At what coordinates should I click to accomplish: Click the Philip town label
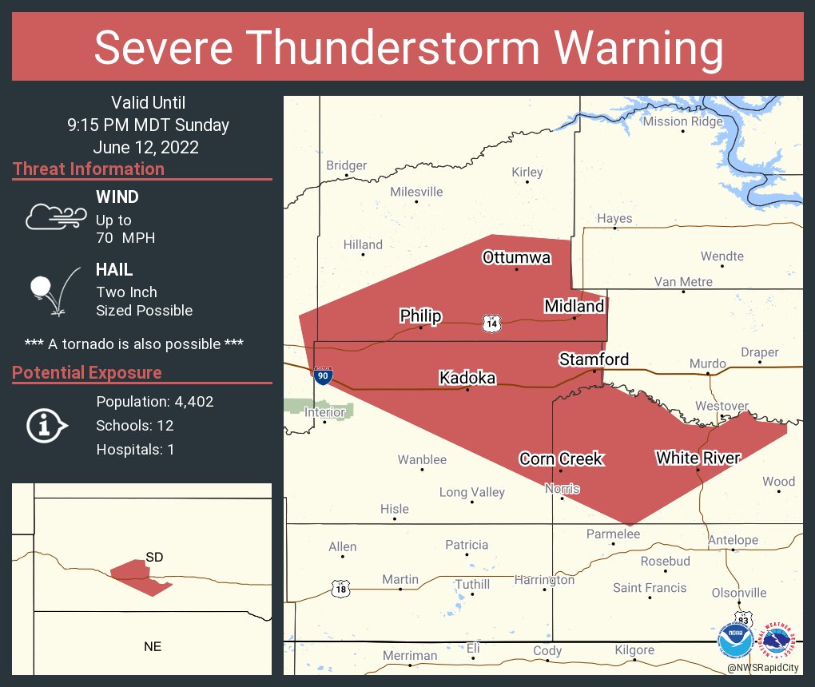[x=420, y=316]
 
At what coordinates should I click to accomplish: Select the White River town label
[x=698, y=458]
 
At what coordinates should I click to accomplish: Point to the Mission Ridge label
[x=682, y=121]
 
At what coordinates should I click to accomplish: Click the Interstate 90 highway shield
[x=323, y=375]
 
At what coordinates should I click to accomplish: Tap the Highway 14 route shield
[x=491, y=323]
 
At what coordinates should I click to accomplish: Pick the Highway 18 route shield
[x=340, y=589]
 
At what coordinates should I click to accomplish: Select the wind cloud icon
[x=54, y=216]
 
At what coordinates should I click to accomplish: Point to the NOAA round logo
[x=735, y=641]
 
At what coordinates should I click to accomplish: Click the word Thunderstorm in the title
[x=408, y=47]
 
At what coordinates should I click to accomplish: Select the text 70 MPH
[x=125, y=238]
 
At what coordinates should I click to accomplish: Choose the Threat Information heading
[x=89, y=169]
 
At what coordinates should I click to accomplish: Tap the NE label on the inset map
[x=153, y=646]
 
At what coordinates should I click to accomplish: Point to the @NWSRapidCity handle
[x=764, y=667]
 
